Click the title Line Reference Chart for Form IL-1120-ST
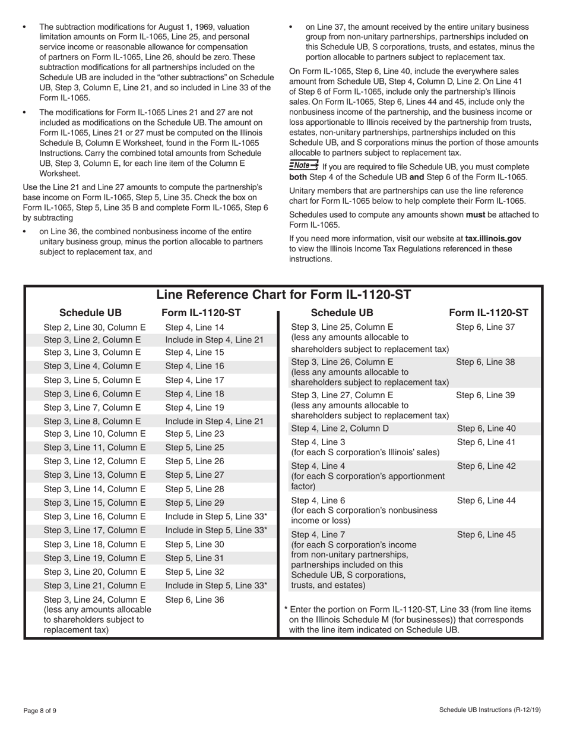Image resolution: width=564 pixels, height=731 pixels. tap(283, 295)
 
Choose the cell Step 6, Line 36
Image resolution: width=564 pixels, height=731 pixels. tap(194, 600)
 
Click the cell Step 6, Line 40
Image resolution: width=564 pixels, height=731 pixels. tap(486, 428)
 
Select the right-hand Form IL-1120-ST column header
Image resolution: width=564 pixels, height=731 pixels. tap(488, 313)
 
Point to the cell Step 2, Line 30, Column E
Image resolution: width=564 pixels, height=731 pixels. tap(94, 327)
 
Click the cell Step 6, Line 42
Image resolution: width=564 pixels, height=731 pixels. tap(486, 466)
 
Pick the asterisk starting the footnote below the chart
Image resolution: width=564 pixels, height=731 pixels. tap(287, 609)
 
